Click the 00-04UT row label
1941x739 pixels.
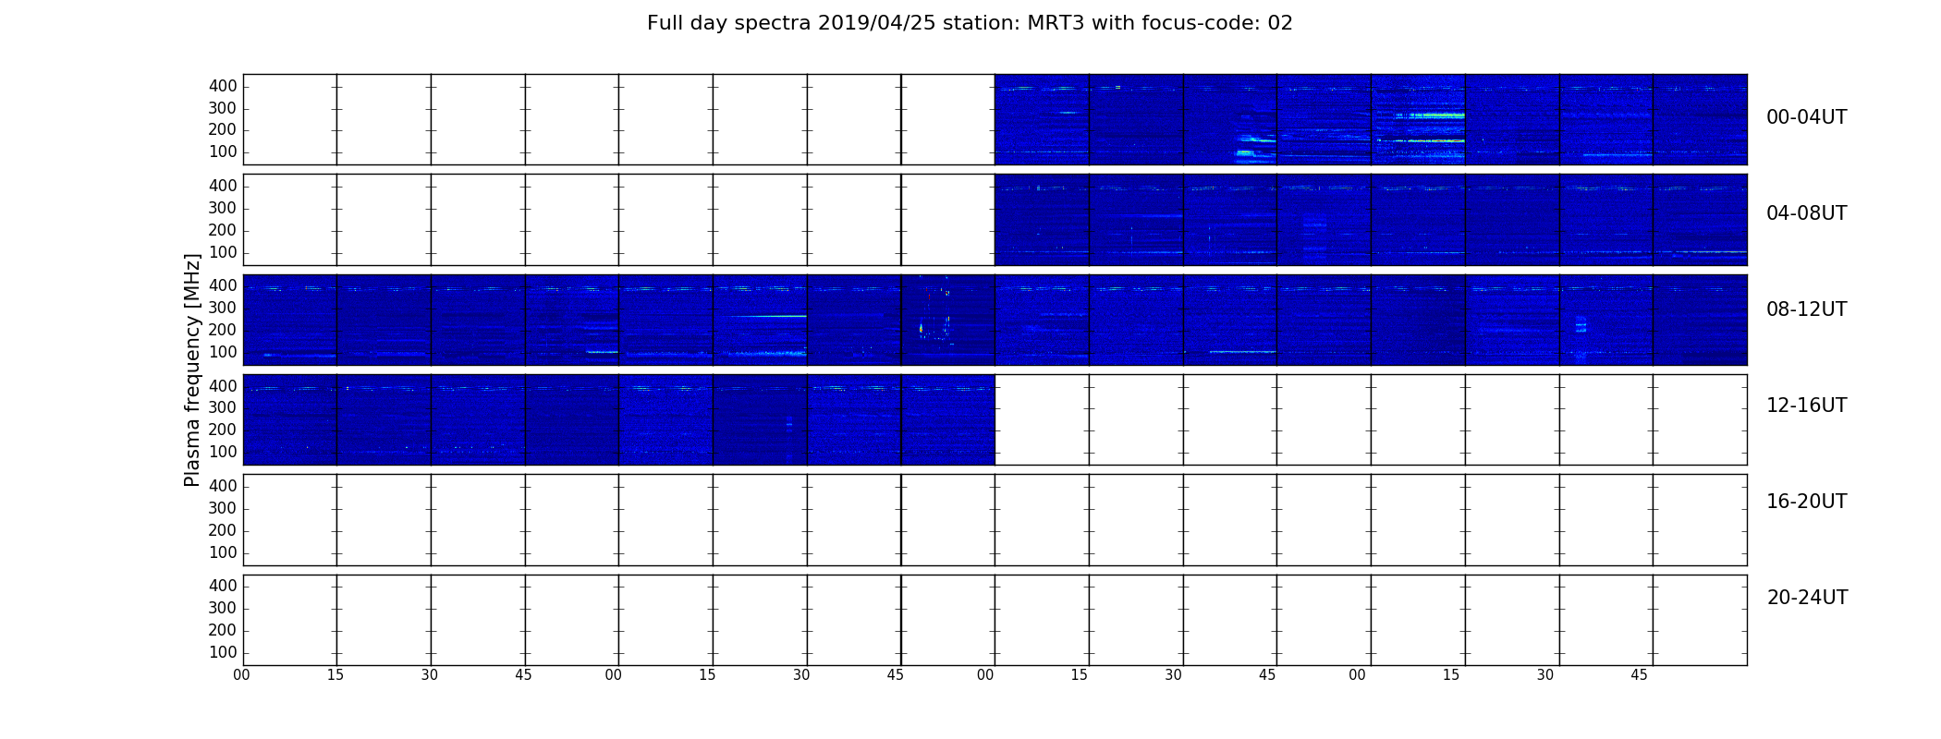point(1806,117)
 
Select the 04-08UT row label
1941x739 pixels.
point(1806,213)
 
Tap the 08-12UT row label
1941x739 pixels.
point(1806,309)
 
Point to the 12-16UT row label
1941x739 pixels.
point(1806,406)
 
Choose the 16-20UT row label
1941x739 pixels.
point(1806,502)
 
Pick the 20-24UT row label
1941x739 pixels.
point(1807,598)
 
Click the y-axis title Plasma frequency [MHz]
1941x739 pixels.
point(192,369)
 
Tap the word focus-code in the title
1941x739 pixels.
point(1188,23)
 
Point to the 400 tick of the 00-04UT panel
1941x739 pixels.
point(223,86)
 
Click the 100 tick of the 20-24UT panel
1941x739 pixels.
point(223,652)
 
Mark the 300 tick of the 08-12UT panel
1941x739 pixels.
point(223,308)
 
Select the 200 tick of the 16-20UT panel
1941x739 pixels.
point(223,530)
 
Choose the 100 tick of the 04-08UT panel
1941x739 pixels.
point(223,252)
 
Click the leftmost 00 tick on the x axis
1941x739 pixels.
point(241,675)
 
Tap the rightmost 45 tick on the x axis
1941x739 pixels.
point(1639,675)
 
